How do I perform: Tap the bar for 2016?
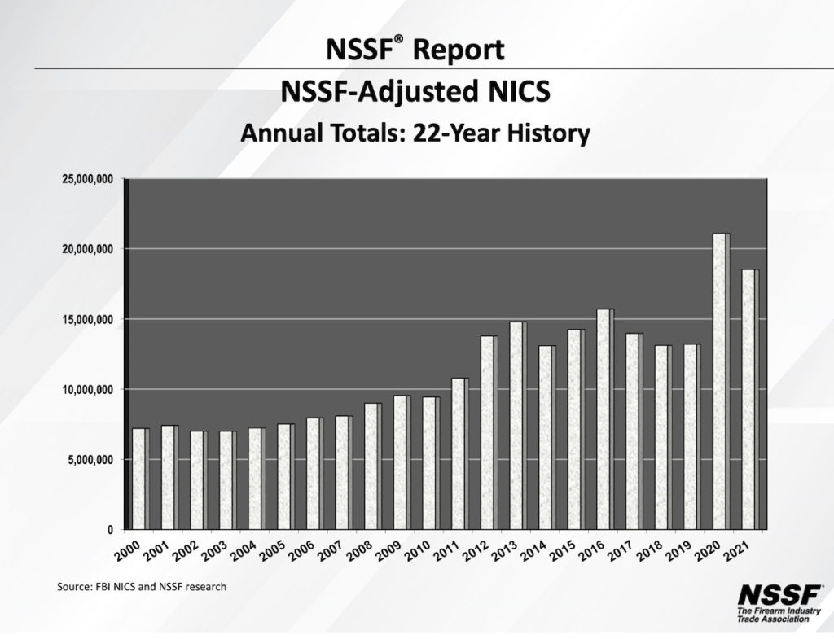click(x=604, y=419)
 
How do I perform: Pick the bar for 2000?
click(x=140, y=479)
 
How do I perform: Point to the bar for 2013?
click(x=518, y=425)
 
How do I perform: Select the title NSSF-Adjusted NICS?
click(x=415, y=92)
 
